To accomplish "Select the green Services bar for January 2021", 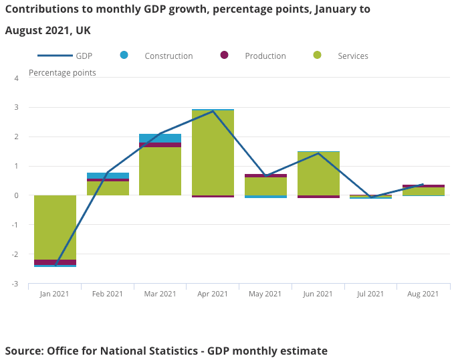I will pos(55,228).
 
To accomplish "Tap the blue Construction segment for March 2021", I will pos(160,138).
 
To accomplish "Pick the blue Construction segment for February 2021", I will pos(108,175).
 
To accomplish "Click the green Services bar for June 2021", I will pos(318,174).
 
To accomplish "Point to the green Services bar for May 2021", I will pos(265,187).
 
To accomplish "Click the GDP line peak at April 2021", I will pos(213,111).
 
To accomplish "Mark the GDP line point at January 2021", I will pos(55,265).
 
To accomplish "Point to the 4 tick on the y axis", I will pos(16,78).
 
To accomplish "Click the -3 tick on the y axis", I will pos(15,284).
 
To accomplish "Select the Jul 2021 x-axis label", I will pos(370,294).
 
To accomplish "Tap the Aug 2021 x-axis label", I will pos(423,294).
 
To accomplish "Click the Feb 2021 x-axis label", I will pos(108,294).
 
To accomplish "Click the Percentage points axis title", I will pos(62,72).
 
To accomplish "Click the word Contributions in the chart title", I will pos(44,9).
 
